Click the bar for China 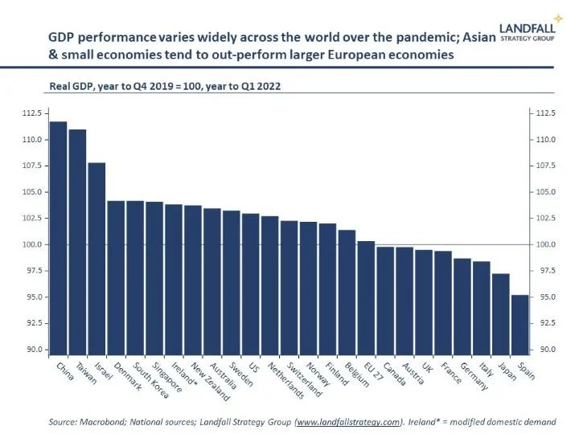tap(58, 238)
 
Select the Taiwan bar tap(77, 241)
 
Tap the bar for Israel tap(96, 258)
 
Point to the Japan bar tap(501, 314)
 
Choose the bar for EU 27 tap(366, 298)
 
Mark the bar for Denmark tap(116, 277)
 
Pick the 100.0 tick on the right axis tap(547, 244)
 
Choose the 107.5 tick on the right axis tap(547, 166)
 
